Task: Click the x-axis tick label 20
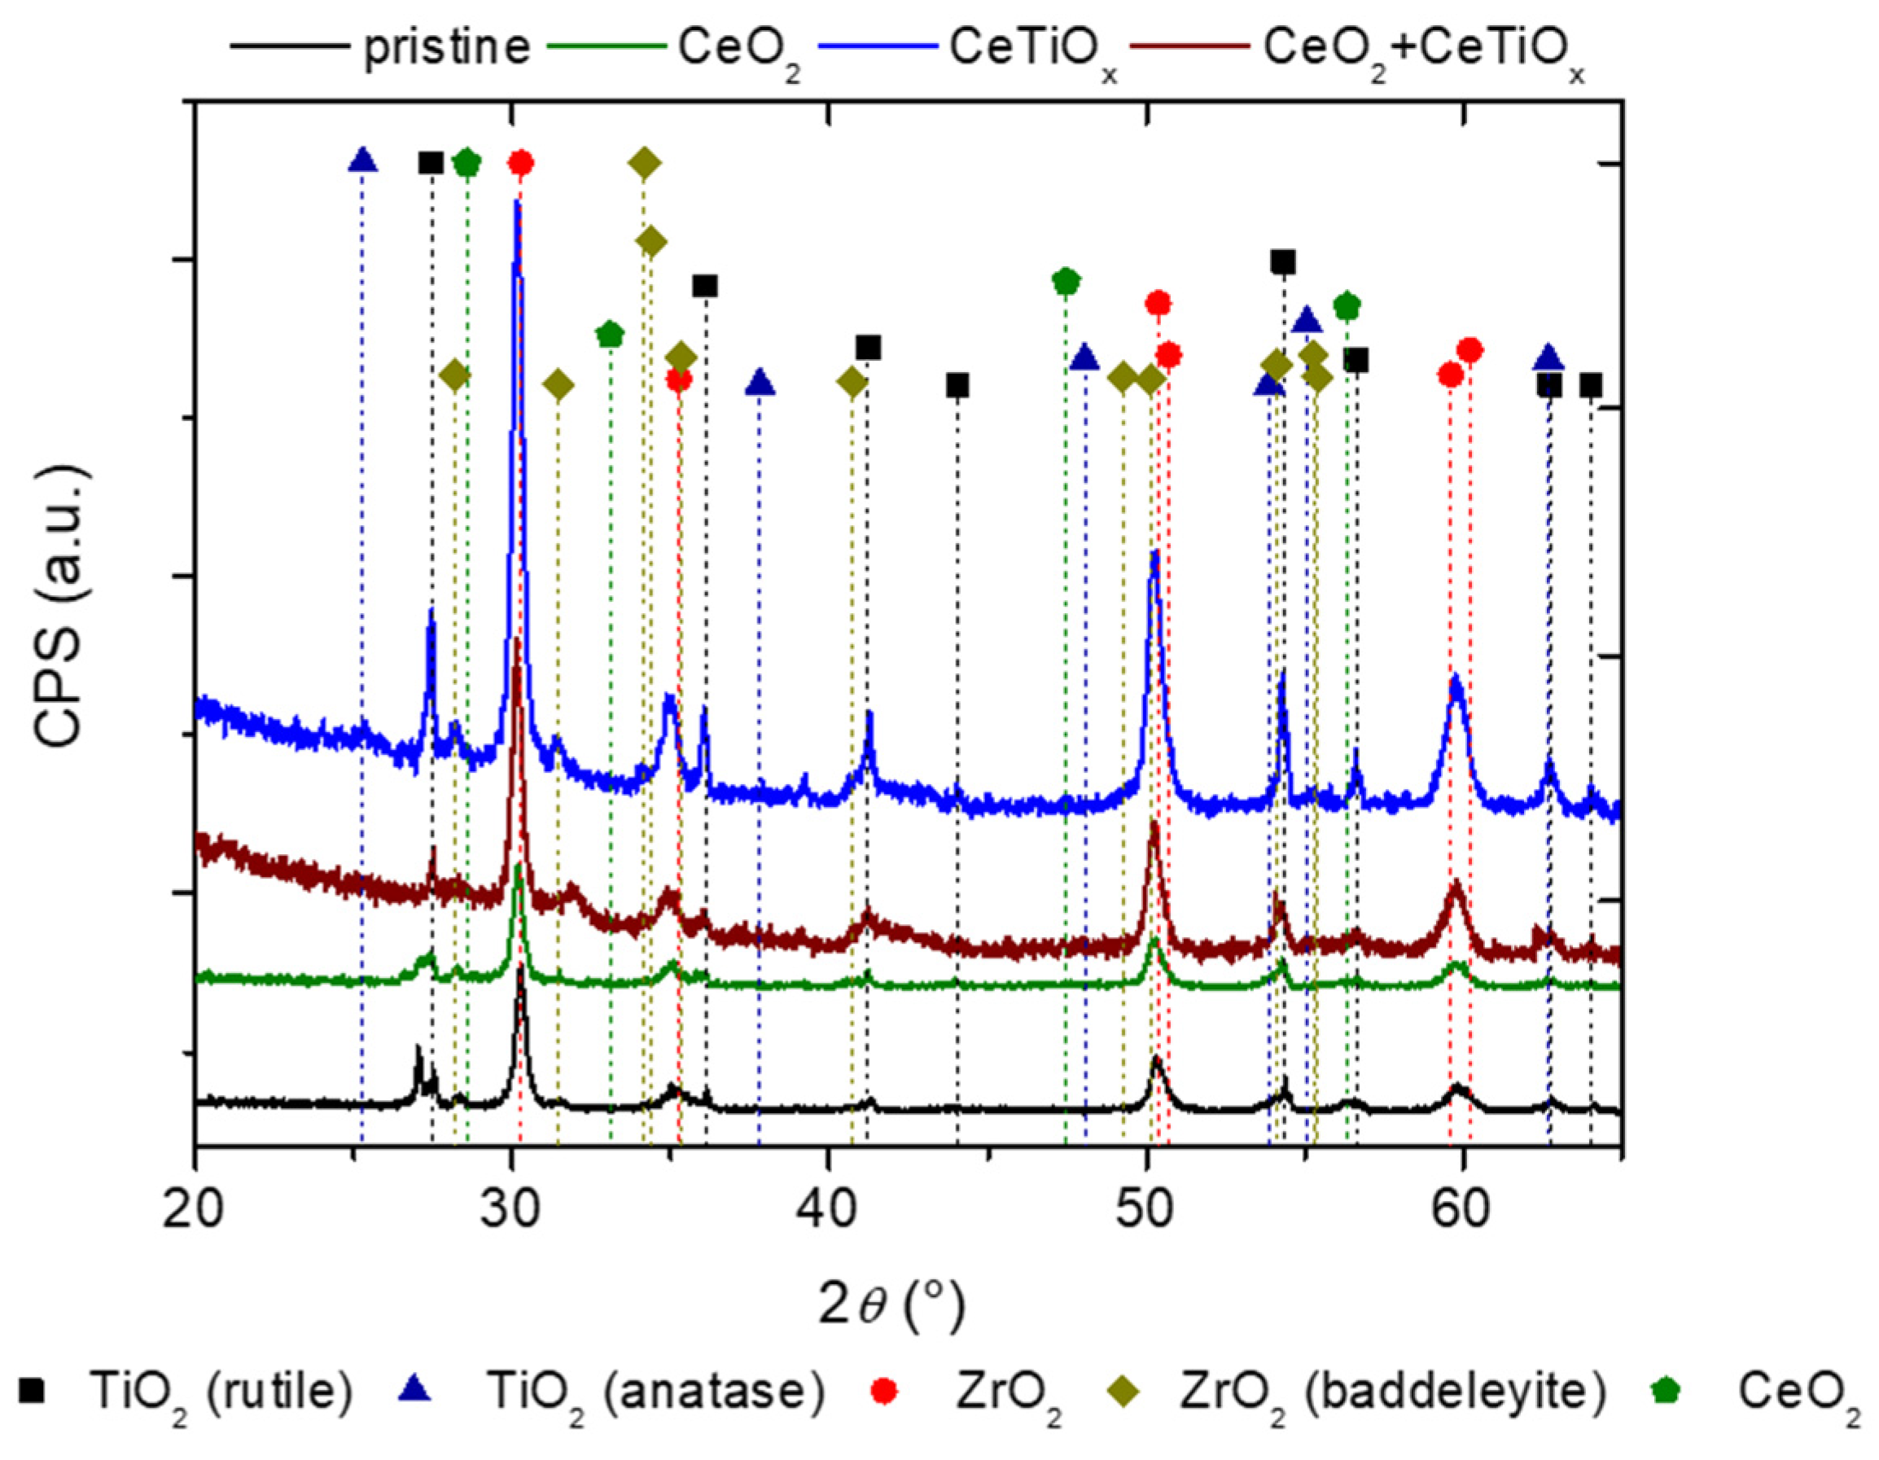pyautogui.click(x=195, y=1208)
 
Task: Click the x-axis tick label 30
pyautogui.click(x=512, y=1208)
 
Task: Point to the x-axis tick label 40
pyautogui.click(x=829, y=1208)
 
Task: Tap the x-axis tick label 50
pyautogui.click(x=1146, y=1208)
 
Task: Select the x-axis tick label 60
pyautogui.click(x=1461, y=1208)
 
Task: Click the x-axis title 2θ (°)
pyautogui.click(x=891, y=1306)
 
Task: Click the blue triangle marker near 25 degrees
pyautogui.click(x=363, y=160)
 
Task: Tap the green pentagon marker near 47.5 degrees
pyautogui.click(x=1065, y=280)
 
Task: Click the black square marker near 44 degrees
pyautogui.click(x=957, y=386)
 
